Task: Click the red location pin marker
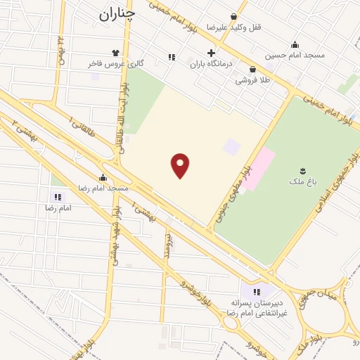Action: [181, 166]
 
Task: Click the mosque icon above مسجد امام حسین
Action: [294, 44]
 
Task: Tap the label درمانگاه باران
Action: [211, 65]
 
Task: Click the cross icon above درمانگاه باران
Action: [211, 53]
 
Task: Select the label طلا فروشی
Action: [252, 81]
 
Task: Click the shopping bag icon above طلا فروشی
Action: [252, 69]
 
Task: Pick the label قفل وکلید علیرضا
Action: [233, 27]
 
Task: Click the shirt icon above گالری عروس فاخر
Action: [115, 52]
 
